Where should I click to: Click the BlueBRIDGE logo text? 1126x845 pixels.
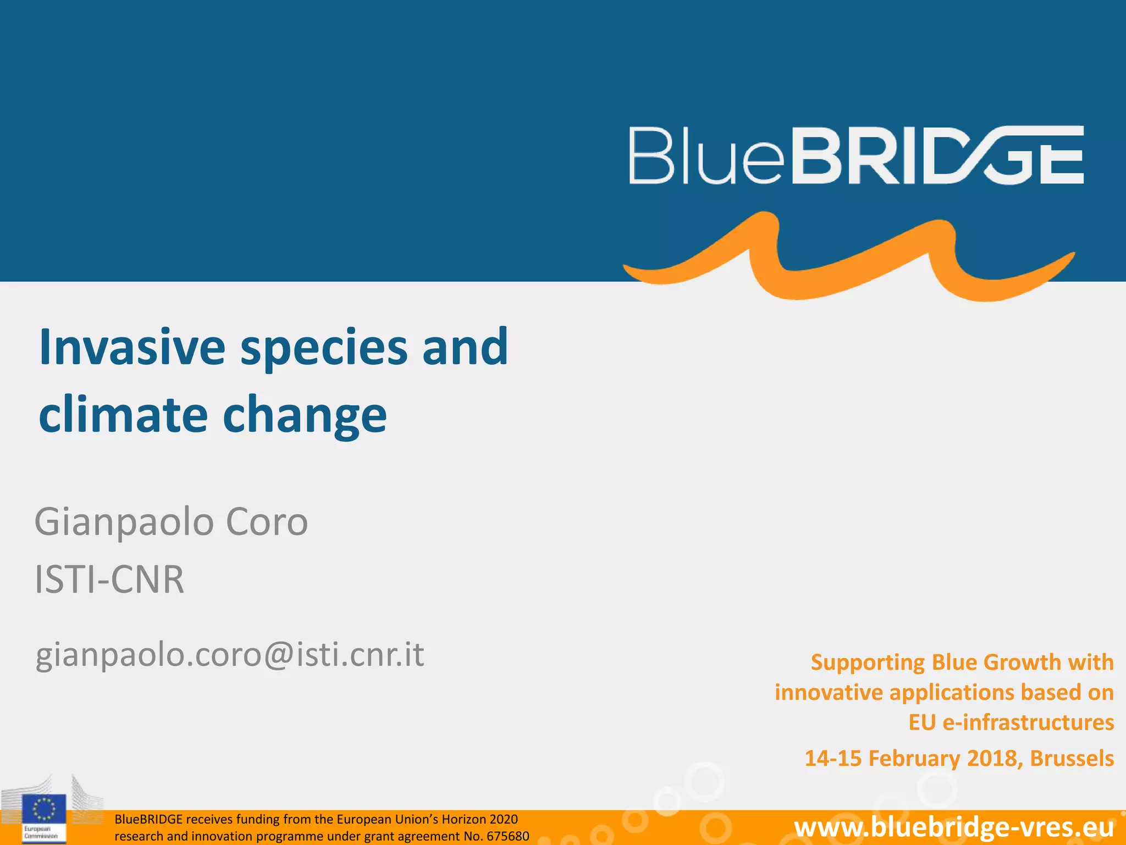point(856,155)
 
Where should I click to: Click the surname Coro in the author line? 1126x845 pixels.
point(267,522)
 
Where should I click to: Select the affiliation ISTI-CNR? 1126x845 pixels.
point(109,579)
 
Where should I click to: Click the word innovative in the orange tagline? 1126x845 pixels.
point(829,692)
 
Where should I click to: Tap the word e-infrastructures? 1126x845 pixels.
point(1028,722)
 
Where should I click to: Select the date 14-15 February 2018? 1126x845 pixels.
point(913,758)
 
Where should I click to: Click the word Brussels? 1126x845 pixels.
point(1072,758)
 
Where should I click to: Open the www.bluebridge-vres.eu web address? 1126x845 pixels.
point(954,827)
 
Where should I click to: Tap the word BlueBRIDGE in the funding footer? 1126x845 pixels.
point(148,819)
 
